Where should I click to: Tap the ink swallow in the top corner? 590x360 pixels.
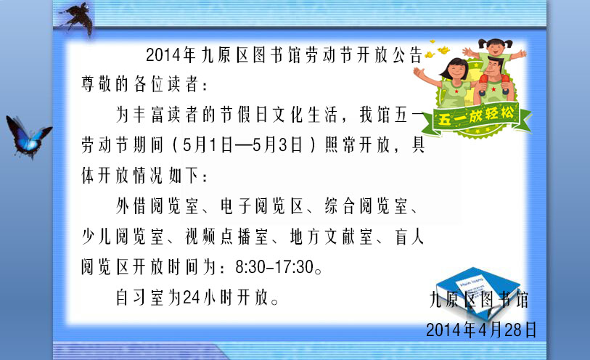[77, 19]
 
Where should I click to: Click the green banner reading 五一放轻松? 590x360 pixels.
[477, 118]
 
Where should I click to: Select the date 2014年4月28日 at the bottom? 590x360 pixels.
[481, 330]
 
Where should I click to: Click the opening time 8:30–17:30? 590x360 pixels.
[274, 267]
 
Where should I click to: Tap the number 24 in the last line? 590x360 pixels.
[192, 298]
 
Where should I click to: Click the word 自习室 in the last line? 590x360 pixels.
[139, 298]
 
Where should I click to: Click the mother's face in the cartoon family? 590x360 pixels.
[455, 70]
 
